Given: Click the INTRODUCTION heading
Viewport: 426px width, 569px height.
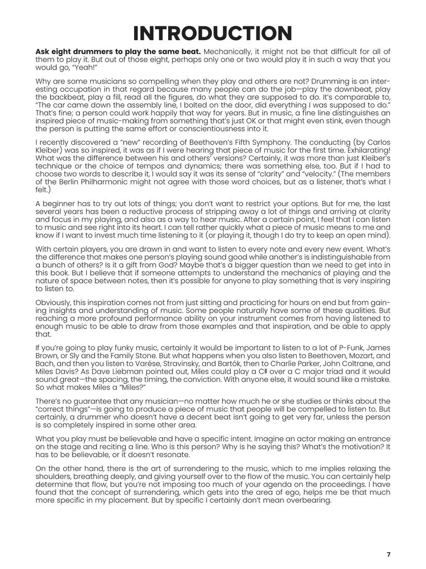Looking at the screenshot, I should coord(213,33).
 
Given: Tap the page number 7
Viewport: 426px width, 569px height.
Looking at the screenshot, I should coord(389,554).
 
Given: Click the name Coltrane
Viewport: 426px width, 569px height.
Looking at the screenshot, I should coord(353,364).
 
